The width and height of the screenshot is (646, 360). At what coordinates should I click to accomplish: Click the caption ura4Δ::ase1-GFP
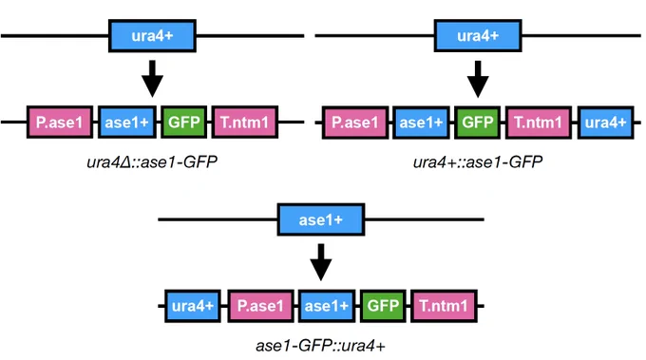[x=152, y=161]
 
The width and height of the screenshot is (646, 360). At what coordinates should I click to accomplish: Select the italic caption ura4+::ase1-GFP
[x=478, y=161]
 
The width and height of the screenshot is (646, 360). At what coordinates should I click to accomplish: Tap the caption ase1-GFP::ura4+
[x=320, y=346]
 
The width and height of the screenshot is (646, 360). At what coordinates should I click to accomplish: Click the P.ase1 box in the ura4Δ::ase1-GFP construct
[x=60, y=122]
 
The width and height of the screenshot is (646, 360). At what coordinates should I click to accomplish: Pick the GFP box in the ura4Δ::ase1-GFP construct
[x=183, y=122]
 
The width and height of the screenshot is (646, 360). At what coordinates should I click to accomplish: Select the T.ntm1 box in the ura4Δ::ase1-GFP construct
[x=245, y=122]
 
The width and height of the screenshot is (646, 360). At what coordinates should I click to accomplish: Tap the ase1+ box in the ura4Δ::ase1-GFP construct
[x=127, y=122]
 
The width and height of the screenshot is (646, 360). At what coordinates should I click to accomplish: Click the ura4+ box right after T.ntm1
[x=606, y=123]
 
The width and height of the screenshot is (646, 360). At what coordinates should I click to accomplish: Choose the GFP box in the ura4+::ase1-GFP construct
[x=478, y=123]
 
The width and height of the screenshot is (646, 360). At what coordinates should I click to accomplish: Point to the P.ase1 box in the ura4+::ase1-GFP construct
[x=355, y=123]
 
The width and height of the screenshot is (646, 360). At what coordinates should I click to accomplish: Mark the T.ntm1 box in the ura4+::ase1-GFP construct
[x=539, y=123]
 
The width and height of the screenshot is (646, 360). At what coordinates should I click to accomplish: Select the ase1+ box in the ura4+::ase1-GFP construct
[x=421, y=123]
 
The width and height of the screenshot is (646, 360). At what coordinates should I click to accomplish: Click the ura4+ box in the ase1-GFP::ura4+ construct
[x=193, y=306]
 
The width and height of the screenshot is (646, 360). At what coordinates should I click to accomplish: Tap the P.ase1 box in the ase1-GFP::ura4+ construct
[x=261, y=306]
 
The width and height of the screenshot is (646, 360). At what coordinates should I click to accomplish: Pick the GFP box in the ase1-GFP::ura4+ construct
[x=383, y=306]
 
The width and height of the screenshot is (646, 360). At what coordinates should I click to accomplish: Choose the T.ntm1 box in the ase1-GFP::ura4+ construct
[x=444, y=306]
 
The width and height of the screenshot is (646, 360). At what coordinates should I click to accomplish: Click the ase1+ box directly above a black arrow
[x=321, y=219]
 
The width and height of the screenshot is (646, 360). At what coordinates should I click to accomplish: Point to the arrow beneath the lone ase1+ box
[x=321, y=262]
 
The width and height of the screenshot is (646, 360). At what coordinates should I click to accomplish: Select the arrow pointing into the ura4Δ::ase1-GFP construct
[x=152, y=79]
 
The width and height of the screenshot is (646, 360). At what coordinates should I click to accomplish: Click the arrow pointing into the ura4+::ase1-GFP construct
[x=478, y=79]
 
